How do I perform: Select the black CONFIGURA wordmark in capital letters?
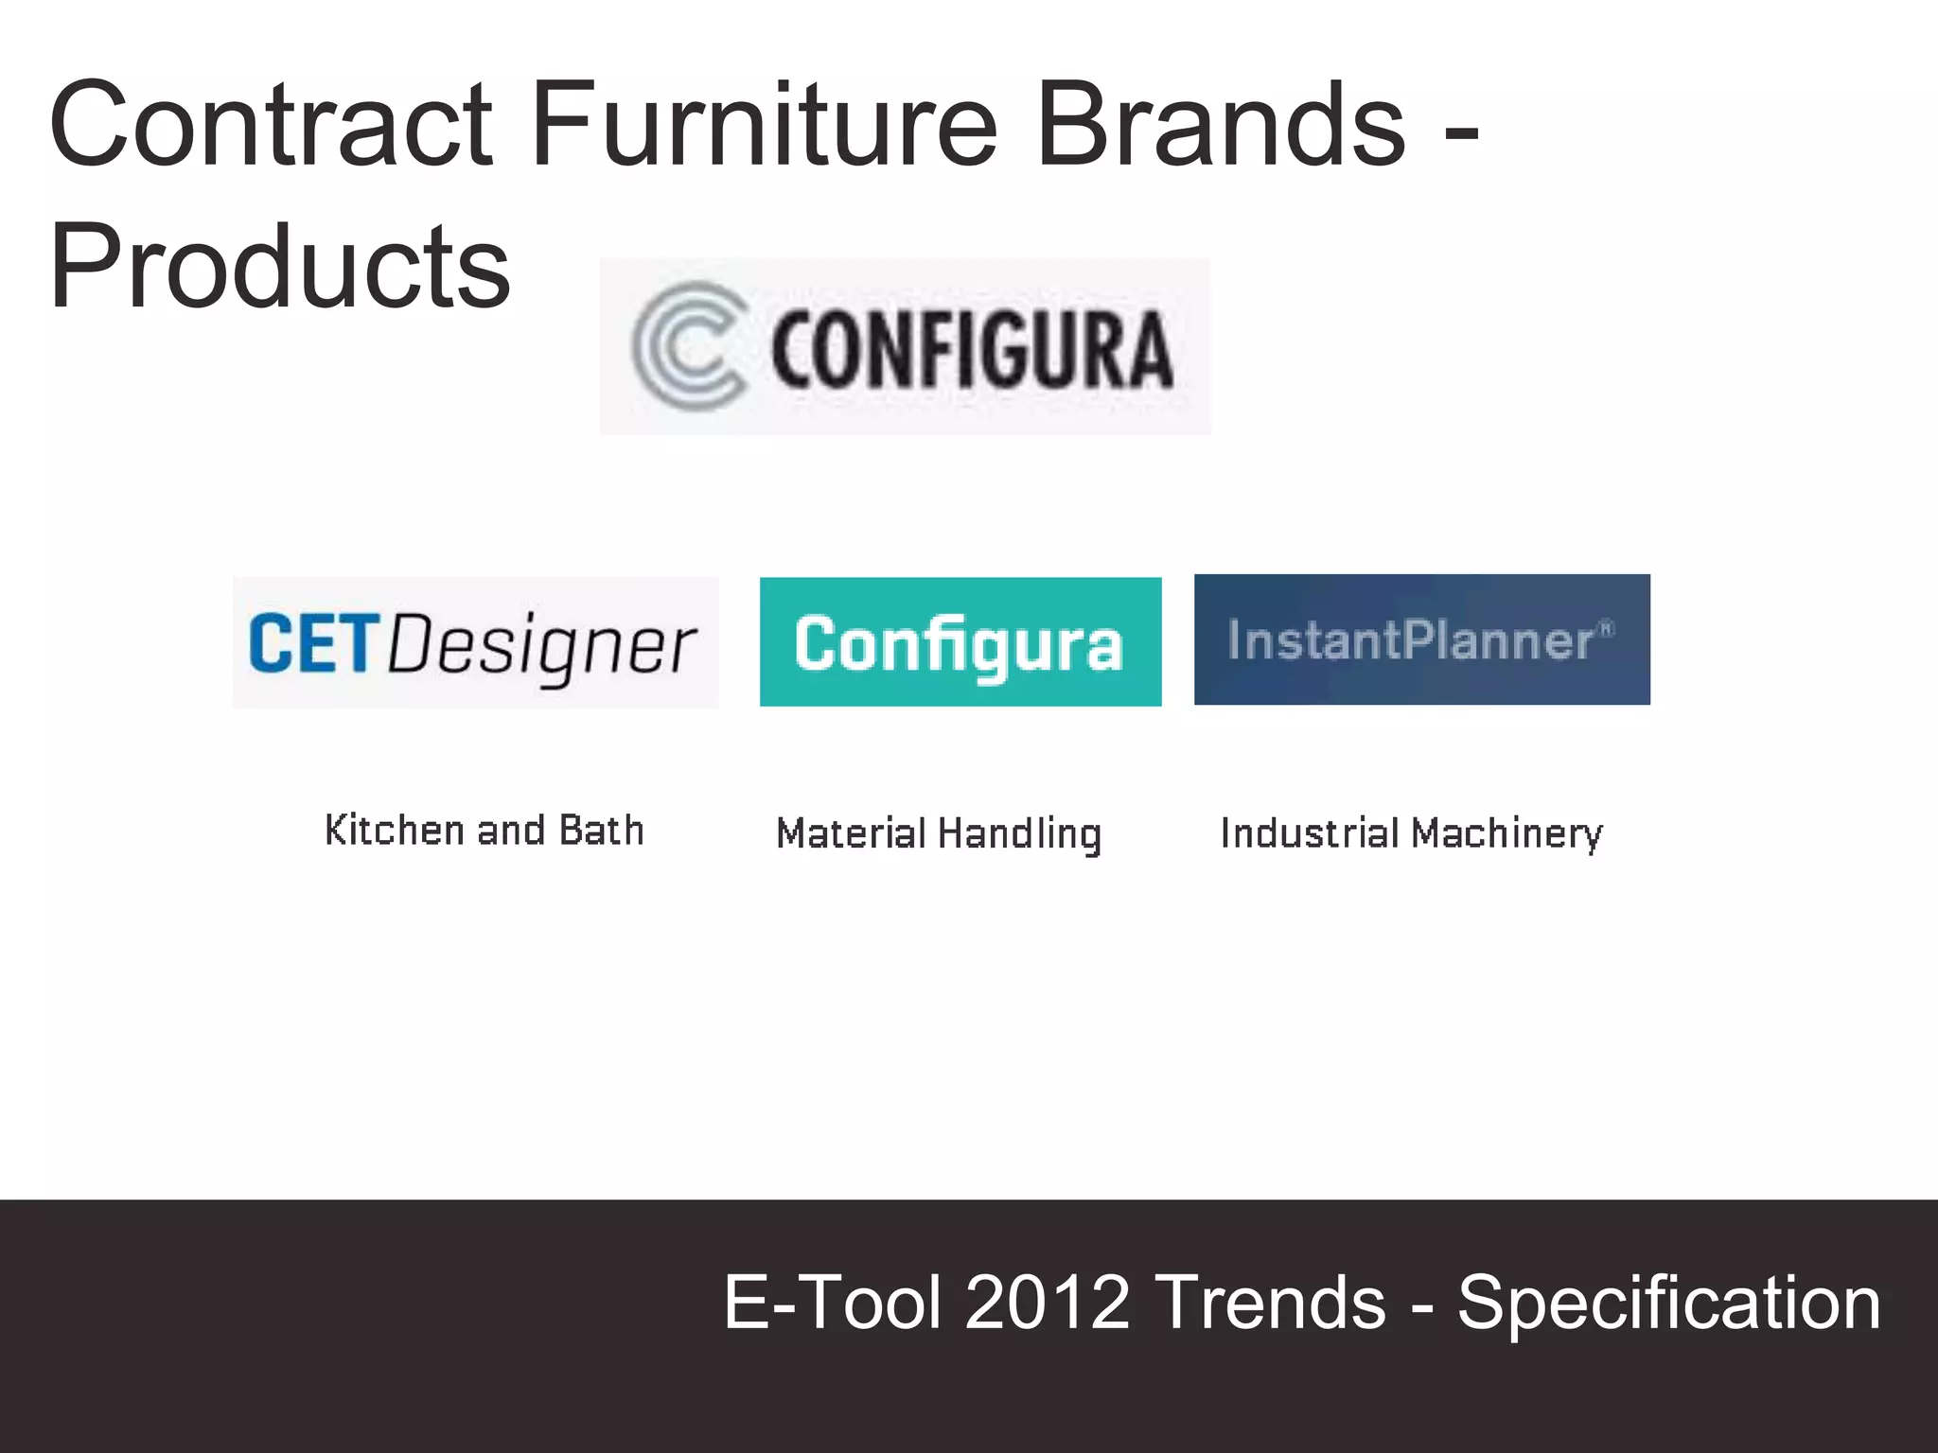971,350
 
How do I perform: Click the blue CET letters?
313,643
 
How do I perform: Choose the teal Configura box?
960,642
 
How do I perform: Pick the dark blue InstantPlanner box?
1421,639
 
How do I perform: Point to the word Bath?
601,831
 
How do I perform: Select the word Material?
851,833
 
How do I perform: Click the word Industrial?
1309,833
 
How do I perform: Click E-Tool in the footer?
833,1303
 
